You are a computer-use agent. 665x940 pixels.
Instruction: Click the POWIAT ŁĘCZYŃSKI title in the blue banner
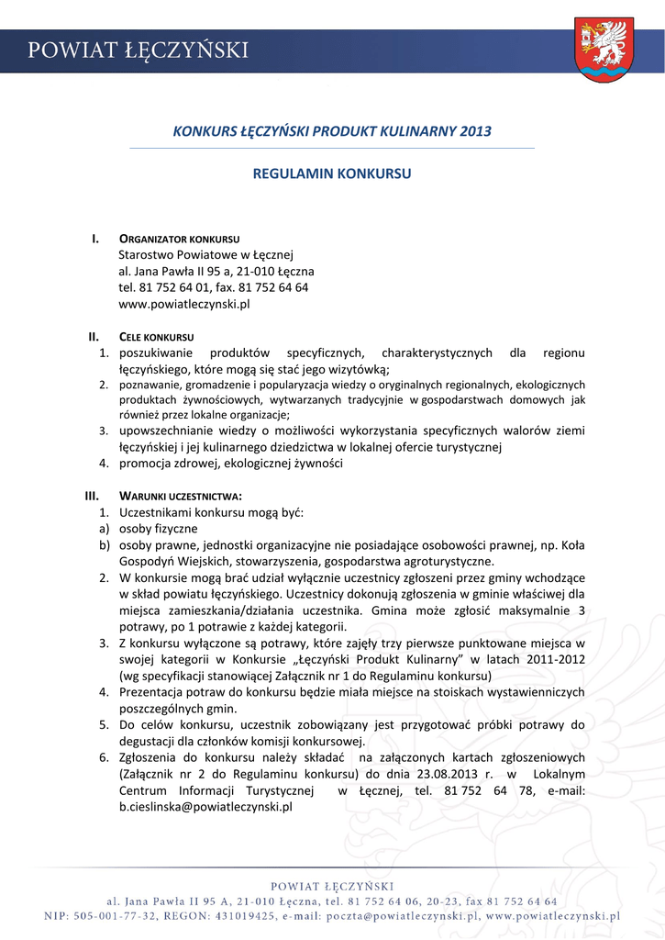coord(138,51)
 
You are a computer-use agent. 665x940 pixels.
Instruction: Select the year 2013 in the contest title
coord(471,131)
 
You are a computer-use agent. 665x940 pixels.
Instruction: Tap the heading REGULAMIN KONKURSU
coord(332,173)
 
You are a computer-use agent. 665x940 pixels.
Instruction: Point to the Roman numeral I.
coord(94,239)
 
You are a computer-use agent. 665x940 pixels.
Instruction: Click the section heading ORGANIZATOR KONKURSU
coord(179,240)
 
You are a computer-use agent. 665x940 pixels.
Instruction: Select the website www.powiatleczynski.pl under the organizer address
coord(184,304)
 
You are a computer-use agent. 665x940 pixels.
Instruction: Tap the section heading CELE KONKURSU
coord(156,337)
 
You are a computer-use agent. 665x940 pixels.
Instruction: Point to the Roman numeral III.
coord(92,497)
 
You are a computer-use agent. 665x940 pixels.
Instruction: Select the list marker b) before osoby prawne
coord(105,545)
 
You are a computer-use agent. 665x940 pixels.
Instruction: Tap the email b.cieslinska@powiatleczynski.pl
coord(205,807)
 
